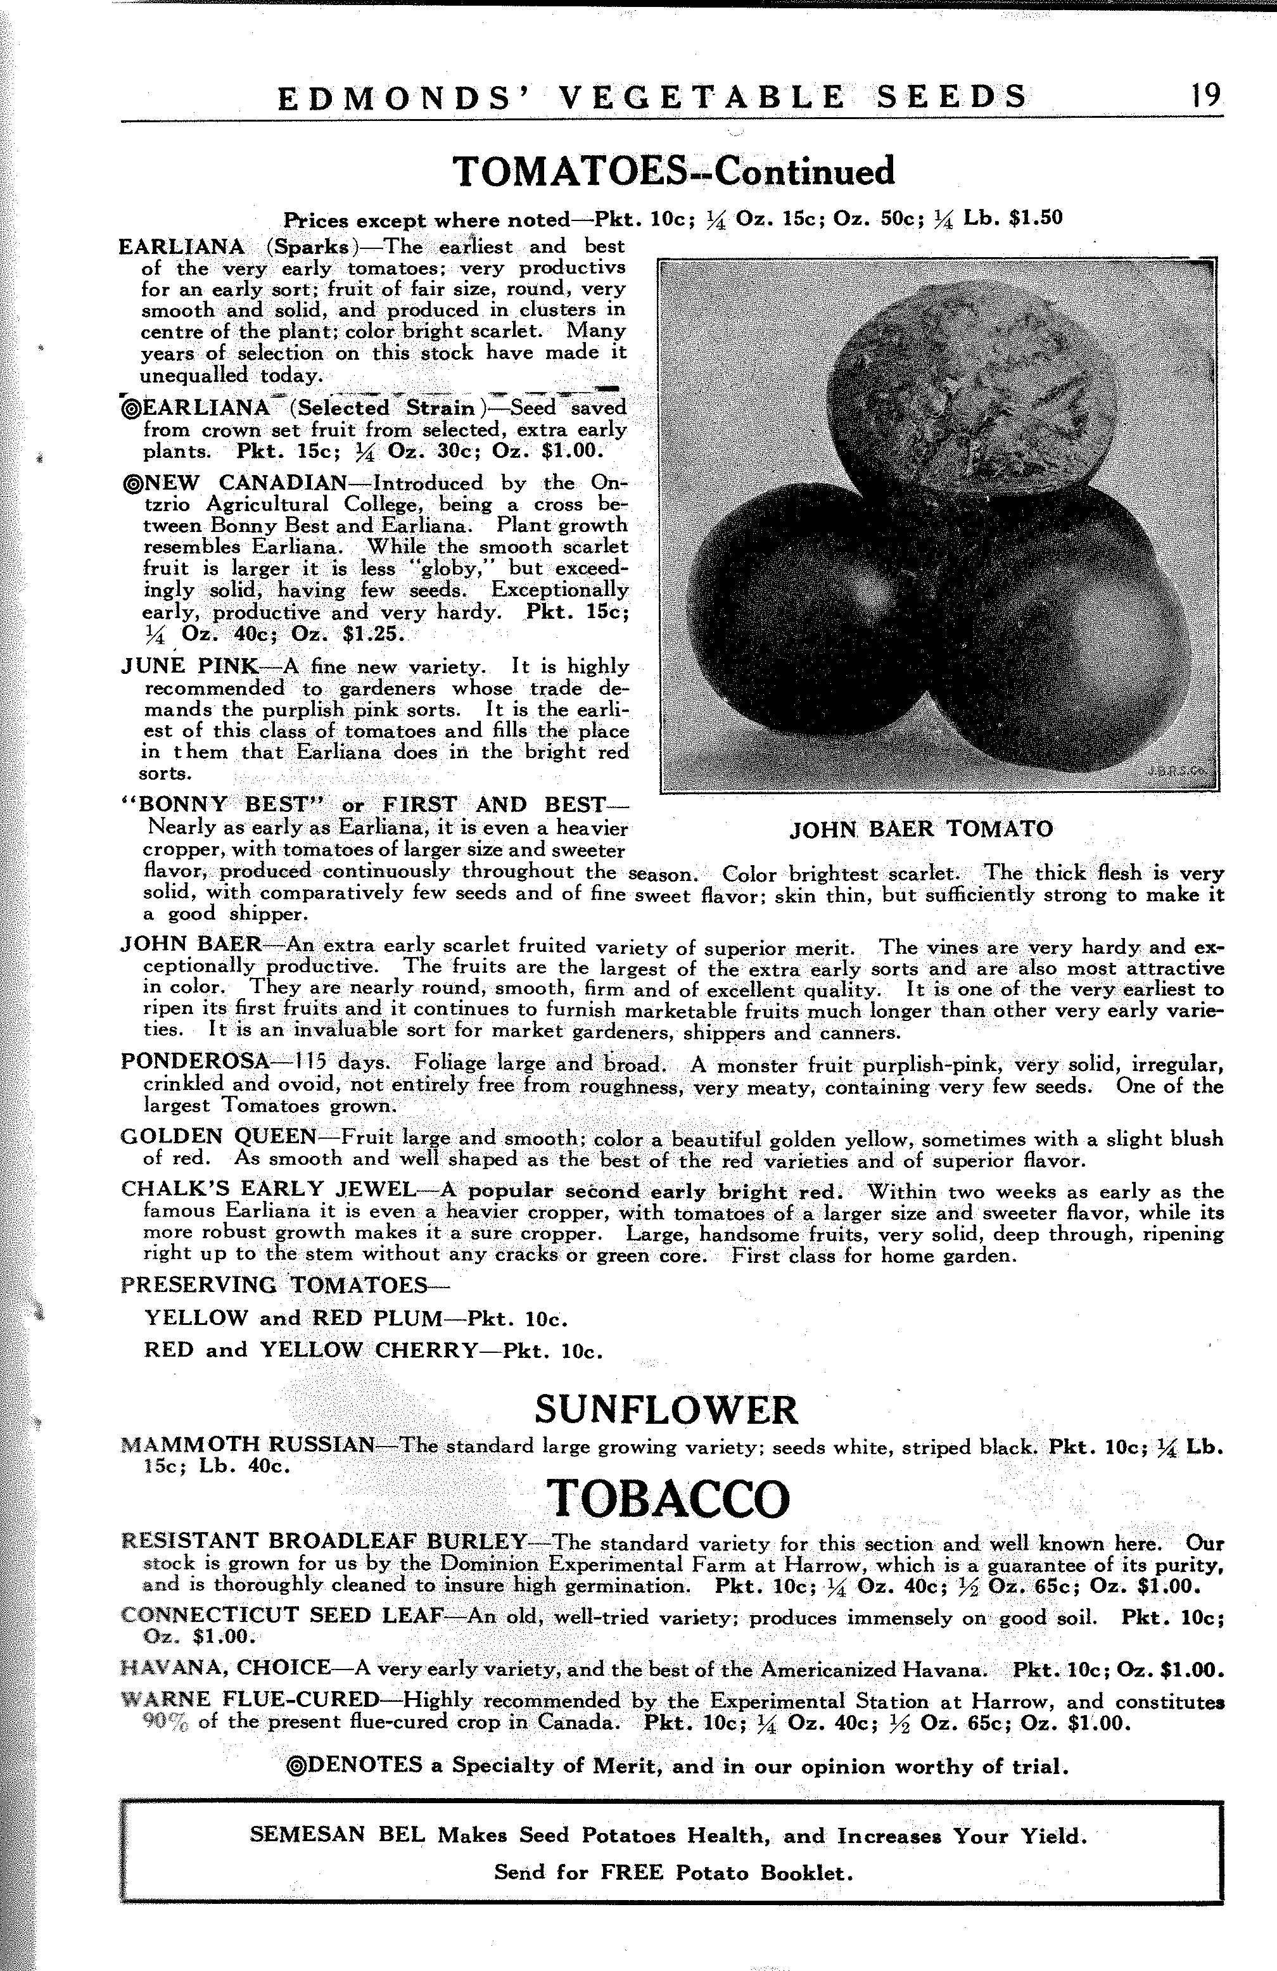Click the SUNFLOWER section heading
tap(666, 1409)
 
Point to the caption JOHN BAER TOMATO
tap(921, 829)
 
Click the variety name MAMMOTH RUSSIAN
tap(248, 1446)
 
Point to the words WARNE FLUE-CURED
tap(250, 1700)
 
